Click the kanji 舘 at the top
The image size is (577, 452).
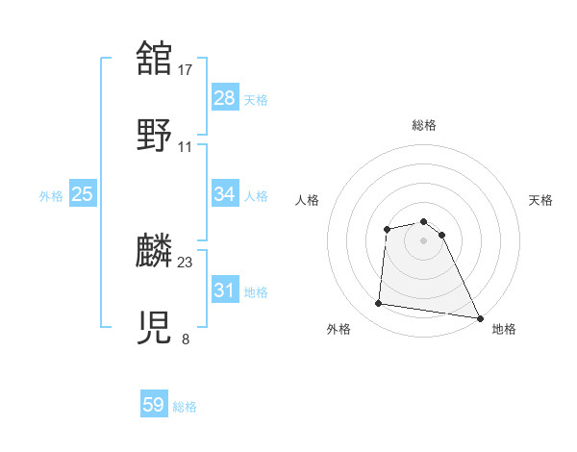[155, 59]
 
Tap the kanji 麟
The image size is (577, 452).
[155, 251]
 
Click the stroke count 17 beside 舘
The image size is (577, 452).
[187, 69]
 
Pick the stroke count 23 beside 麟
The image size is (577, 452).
[187, 262]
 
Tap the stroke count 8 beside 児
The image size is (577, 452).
[186, 339]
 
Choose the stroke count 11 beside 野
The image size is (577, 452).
[186, 146]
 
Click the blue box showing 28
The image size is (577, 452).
[225, 98]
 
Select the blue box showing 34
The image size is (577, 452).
[225, 194]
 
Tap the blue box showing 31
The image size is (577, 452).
[225, 290]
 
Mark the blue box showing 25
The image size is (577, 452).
[83, 194]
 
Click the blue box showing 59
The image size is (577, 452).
[154, 406]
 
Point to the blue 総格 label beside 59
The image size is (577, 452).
[186, 407]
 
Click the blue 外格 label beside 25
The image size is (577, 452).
[51, 195]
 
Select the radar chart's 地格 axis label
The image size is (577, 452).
[504, 329]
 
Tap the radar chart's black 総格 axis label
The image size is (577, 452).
[424, 125]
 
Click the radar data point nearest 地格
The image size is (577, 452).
[479, 317]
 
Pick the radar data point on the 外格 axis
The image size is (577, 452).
[379, 304]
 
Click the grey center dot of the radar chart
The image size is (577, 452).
[424, 239]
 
